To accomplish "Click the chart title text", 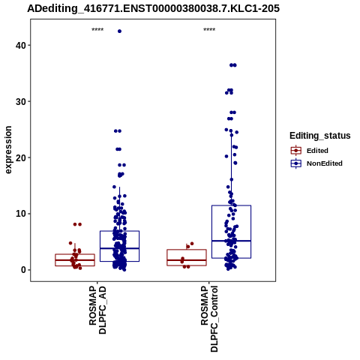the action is click(x=153, y=8).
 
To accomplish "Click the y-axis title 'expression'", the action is click(x=8, y=150).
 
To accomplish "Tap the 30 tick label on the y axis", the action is click(x=20, y=101).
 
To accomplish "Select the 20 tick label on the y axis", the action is click(x=20, y=157).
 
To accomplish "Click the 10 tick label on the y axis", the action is click(x=20, y=214).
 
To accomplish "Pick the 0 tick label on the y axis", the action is click(x=23, y=270).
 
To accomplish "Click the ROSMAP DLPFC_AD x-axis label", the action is click(x=97, y=310).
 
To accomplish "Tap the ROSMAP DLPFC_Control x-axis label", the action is click(x=209, y=319).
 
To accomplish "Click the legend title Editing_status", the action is click(x=320, y=136).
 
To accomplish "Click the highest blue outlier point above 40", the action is click(x=119, y=31).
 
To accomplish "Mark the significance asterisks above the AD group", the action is click(x=97, y=30).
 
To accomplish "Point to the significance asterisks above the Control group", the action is click(x=209, y=30).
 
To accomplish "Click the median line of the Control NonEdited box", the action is click(x=231, y=241).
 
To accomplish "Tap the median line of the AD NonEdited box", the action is click(x=119, y=248).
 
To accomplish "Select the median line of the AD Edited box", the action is click(x=75, y=260).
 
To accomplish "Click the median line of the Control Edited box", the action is click(x=187, y=260).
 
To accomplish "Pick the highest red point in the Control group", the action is click(x=192, y=244).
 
